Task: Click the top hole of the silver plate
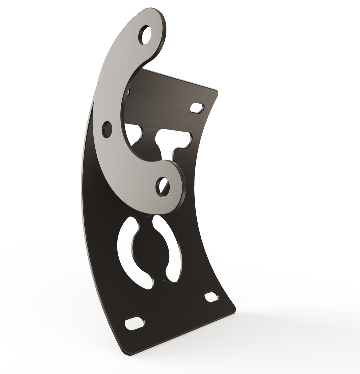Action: click(x=145, y=34)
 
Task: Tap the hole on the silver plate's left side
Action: click(x=107, y=129)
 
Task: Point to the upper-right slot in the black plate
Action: click(x=197, y=108)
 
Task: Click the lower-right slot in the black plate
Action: click(x=211, y=296)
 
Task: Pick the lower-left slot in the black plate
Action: click(x=134, y=322)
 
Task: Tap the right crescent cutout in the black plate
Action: click(x=173, y=250)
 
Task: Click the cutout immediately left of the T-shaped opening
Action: click(x=133, y=133)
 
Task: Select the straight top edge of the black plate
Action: click(x=180, y=80)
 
